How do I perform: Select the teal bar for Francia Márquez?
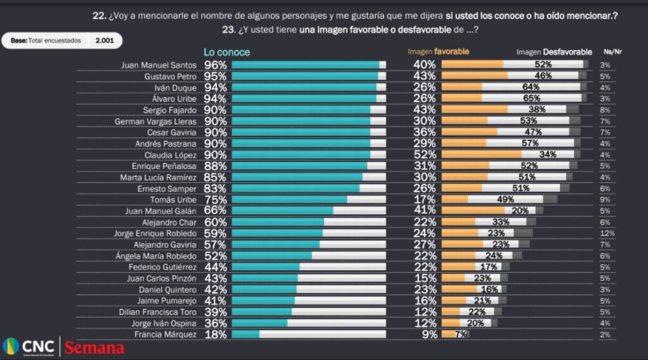pos(246,334)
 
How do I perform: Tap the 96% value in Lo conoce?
pos(215,65)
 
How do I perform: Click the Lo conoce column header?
pos(227,52)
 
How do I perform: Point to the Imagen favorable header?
pos(438,52)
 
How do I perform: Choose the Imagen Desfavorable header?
pos(554,52)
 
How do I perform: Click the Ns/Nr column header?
pos(613,52)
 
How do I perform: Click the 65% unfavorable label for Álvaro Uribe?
pos(532,98)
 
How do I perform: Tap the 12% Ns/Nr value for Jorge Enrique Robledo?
pos(607,233)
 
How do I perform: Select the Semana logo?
pos(94,348)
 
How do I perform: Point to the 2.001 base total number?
pos(104,40)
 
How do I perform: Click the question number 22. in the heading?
pos(99,16)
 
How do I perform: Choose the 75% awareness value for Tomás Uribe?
pos(215,199)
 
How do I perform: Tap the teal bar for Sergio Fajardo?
pos(301,109)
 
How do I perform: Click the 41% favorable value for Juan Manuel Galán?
pos(424,211)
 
